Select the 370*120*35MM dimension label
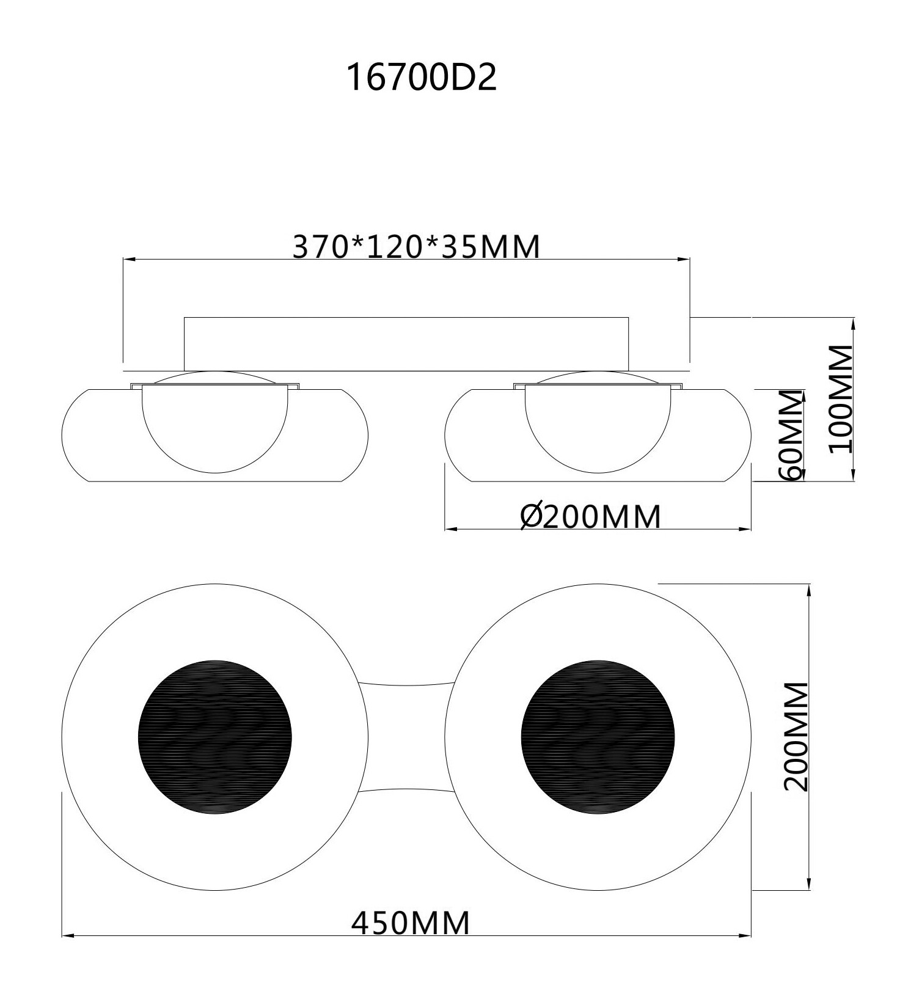417,246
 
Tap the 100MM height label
841,399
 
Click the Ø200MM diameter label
591,516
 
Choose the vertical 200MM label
796,737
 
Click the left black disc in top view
215,737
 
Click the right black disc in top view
598,737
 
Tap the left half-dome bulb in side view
214,428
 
